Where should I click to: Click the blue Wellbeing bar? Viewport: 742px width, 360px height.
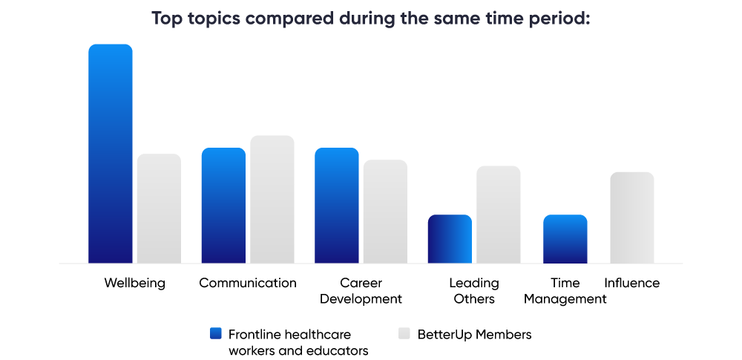click(111, 154)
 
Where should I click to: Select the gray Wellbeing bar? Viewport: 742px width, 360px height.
click(159, 209)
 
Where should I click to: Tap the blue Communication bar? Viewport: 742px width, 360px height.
click(223, 206)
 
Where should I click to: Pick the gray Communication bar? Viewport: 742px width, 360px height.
click(272, 199)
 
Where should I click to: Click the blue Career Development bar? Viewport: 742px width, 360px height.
click(337, 206)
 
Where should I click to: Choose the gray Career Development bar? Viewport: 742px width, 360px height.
click(385, 212)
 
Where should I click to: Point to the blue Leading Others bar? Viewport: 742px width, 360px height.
click(450, 239)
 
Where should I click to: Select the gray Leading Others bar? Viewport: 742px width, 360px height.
click(498, 215)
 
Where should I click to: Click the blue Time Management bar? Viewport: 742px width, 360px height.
click(565, 239)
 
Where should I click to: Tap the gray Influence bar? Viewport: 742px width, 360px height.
click(631, 217)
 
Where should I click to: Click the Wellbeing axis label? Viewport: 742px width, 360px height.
click(134, 283)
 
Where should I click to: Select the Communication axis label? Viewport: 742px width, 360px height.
click(248, 283)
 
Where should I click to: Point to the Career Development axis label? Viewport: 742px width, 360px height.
click(361, 291)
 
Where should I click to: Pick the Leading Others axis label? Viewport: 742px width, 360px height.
click(474, 291)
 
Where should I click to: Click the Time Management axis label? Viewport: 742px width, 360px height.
click(565, 291)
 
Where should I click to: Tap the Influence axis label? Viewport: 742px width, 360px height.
click(631, 283)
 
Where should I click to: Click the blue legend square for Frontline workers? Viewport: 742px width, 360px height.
click(216, 334)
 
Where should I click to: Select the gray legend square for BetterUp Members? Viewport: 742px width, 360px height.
click(404, 334)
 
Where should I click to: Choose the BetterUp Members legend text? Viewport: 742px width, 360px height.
click(474, 335)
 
